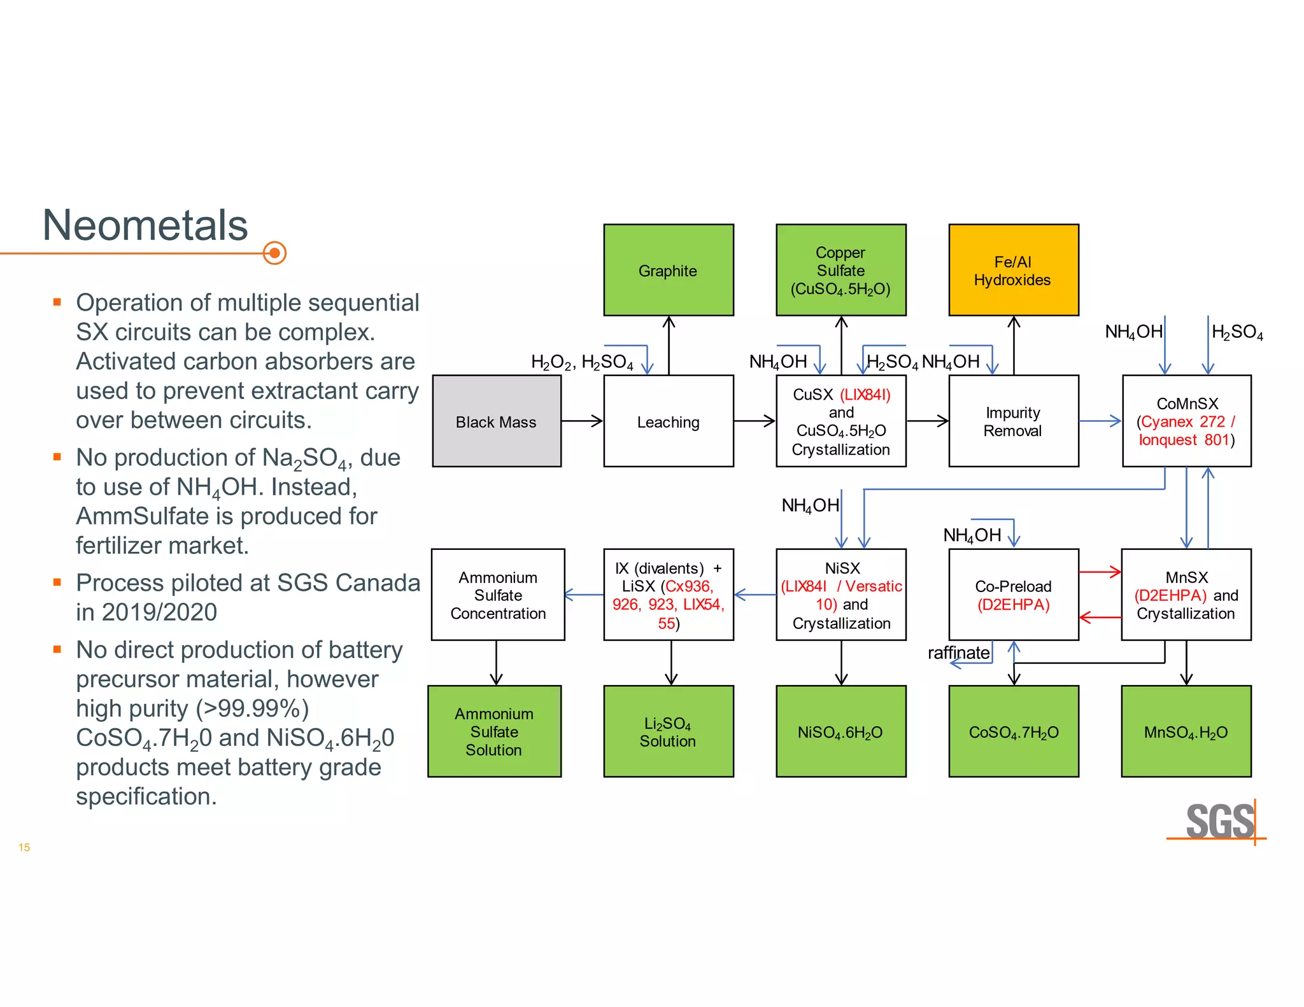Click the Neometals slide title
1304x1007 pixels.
pos(145,225)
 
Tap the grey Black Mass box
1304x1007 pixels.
pos(497,421)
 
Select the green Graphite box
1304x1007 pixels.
pos(668,270)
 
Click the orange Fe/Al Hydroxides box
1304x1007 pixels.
pos(1013,270)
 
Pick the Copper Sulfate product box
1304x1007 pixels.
pos(840,270)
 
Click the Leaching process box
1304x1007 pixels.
pos(668,421)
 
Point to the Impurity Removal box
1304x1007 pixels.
pos(1013,421)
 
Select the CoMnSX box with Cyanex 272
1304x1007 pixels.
pos(1186,421)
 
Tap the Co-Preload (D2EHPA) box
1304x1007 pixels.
pos(1013,595)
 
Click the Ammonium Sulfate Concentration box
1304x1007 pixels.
pos(498,595)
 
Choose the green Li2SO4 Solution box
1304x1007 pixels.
pos(668,731)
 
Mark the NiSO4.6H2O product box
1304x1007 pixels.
pos(840,731)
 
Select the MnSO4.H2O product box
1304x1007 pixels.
pos(1186,731)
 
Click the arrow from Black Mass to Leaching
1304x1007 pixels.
pos(582,421)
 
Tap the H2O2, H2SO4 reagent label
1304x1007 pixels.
pos(582,362)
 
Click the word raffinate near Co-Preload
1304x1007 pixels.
pos(958,653)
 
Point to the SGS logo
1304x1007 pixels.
pos(1219,821)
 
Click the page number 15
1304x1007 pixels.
pos(24,847)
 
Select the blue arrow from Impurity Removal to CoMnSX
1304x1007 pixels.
pos(1100,421)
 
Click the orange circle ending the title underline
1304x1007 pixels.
pos(274,253)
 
